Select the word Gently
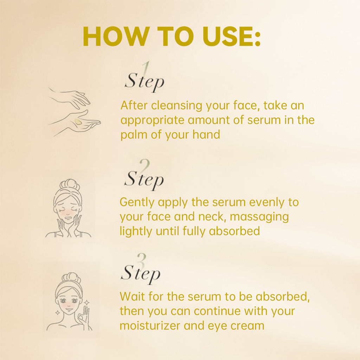tap(137, 202)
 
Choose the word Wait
tap(132, 296)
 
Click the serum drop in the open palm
tap(78, 121)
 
